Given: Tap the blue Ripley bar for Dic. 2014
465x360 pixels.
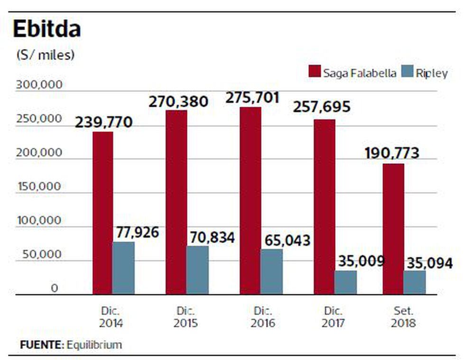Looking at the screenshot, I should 123,268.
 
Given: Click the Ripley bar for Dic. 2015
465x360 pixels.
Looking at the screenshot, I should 197,270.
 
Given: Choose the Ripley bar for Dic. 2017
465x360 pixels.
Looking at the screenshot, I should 345,282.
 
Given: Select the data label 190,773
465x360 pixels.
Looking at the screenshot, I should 392,154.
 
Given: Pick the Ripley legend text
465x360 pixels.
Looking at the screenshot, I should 432,73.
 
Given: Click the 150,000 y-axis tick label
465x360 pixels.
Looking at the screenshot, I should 39,187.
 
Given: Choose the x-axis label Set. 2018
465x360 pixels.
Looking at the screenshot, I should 404,317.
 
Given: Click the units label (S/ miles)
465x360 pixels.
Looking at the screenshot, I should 46,55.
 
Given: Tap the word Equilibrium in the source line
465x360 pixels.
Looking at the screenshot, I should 94,345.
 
